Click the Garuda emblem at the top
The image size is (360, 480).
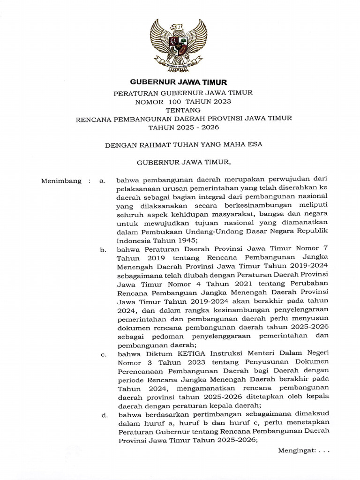(179, 45)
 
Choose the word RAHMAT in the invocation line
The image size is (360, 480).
(153, 144)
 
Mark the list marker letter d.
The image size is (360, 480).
(103, 414)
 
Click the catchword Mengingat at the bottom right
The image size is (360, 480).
(297, 450)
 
